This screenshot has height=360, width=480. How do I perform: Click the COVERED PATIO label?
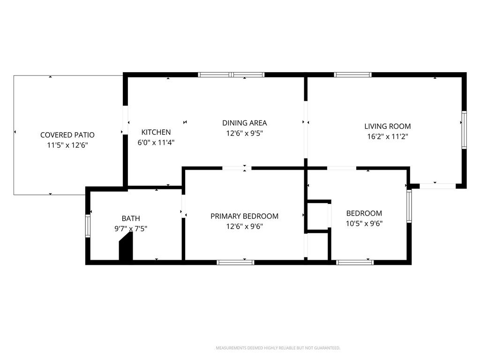pos(67,135)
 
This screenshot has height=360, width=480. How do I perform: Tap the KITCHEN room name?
pos(156,132)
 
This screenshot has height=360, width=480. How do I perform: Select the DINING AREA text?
pos(244,123)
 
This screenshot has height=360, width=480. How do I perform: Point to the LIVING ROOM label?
pos(387,126)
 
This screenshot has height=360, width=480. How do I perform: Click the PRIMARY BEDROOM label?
pos(244,216)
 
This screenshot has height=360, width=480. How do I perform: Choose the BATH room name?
pos(131,218)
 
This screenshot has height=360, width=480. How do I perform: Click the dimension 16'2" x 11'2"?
pos(388,136)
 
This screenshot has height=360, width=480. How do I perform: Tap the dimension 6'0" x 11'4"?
pos(156,142)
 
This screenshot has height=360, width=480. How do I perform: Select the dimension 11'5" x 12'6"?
pos(67,145)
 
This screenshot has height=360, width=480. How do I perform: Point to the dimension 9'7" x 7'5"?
pos(131,229)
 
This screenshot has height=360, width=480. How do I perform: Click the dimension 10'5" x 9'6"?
pos(364,224)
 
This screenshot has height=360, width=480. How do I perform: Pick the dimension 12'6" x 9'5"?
pos(245,133)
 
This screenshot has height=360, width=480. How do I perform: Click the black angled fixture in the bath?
pos(126,247)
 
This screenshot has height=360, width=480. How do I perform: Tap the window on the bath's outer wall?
pos(88,226)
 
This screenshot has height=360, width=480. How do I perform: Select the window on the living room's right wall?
pos(464,130)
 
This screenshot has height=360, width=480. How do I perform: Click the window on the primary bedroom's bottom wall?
pos(235,262)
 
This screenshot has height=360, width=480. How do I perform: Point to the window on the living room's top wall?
pos(352,75)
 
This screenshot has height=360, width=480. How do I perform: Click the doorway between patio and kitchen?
pos(125,120)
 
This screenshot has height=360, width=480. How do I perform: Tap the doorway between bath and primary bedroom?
pos(184,206)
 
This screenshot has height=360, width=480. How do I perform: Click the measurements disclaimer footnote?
pos(278,348)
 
